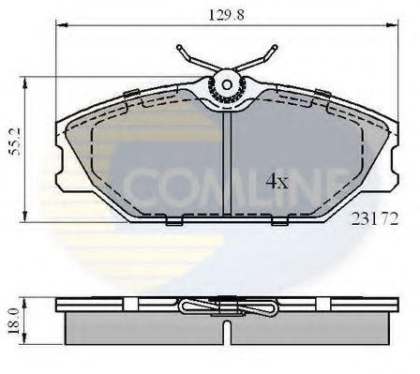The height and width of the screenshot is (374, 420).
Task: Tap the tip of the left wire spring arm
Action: coord(177,44)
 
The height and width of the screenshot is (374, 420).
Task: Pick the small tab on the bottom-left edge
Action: coord(175,221)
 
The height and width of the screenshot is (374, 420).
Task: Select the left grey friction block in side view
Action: coord(141,332)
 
